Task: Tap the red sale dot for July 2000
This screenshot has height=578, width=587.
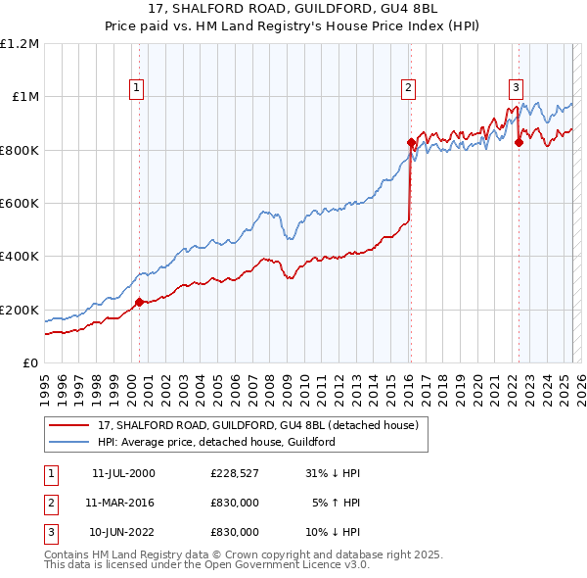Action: (x=139, y=302)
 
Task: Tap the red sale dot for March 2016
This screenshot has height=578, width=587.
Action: (x=411, y=142)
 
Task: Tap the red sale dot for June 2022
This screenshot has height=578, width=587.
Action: (x=519, y=142)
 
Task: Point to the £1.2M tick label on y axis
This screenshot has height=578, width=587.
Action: (x=20, y=44)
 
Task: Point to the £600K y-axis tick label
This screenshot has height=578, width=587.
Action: (x=20, y=204)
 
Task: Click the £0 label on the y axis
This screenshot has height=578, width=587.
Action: (x=29, y=363)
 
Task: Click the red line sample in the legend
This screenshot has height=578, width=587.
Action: (x=68, y=425)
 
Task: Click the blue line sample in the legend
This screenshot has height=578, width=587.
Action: (x=68, y=442)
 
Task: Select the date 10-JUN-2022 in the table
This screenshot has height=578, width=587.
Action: (x=123, y=533)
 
